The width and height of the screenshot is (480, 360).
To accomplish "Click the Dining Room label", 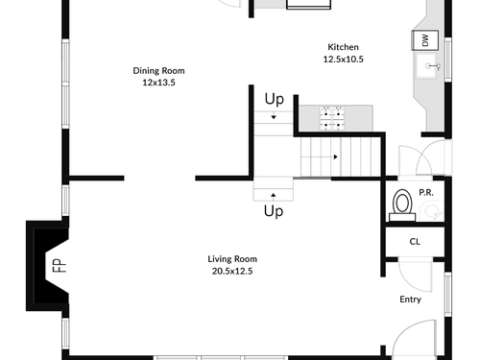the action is click(158, 71).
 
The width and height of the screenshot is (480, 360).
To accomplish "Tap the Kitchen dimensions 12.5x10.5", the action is click(343, 60).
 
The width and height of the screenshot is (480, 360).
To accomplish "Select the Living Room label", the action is click(232, 259).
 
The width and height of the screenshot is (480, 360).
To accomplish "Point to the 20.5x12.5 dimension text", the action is click(232, 271).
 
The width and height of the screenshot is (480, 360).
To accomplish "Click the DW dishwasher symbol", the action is click(425, 40).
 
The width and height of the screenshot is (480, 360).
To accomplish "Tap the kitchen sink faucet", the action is click(433, 66).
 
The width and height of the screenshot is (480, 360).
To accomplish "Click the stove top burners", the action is click(332, 119).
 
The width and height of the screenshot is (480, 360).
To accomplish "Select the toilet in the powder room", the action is click(402, 205).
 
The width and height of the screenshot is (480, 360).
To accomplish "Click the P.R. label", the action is click(426, 193).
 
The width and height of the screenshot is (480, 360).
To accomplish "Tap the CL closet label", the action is click(415, 242).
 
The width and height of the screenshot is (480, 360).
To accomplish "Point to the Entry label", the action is click(410, 300).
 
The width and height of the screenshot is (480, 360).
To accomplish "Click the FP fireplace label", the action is click(60, 266).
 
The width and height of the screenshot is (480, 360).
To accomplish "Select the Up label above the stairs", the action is click(275, 99).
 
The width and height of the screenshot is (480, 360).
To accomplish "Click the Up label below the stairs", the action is click(274, 211).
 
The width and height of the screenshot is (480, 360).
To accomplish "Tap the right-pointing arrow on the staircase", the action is click(336, 156).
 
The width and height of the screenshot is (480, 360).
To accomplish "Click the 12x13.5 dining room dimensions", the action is click(158, 83).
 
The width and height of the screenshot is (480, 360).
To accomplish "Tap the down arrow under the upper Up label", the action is click(274, 117).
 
